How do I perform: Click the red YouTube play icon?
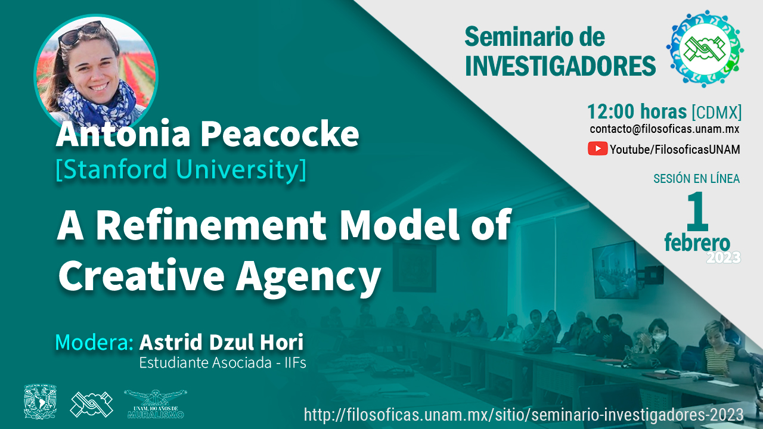pos(597,149)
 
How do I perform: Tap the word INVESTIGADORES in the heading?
pos(560,66)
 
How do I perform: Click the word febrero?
pos(697,243)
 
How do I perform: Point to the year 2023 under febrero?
pos(724,257)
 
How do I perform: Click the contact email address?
pos(664,129)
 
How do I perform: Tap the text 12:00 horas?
pos(637,111)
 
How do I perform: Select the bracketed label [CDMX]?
pos(717,112)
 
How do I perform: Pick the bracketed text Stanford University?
pos(181,169)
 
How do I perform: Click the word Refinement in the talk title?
pos(210,225)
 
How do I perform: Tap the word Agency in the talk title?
pos(308,276)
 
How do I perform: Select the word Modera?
pos(94,342)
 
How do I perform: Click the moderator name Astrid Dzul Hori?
pos(221,342)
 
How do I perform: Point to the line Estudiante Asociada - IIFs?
pos(222,363)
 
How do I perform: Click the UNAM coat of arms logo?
pos(40,402)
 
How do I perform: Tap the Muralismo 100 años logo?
pos(156,404)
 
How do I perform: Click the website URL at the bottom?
pos(523,414)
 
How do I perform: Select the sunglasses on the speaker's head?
pos(82,33)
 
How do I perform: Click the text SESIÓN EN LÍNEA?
pos(697,179)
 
